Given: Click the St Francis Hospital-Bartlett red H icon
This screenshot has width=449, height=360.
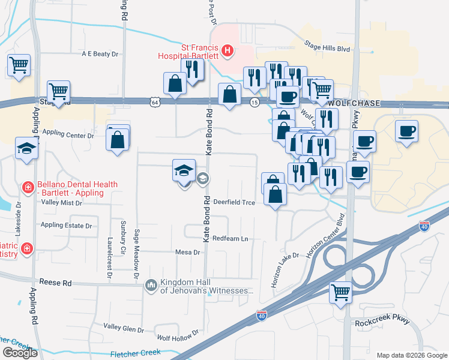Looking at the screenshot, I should (x=227, y=50).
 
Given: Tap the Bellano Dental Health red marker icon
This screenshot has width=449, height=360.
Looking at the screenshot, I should (x=27, y=188).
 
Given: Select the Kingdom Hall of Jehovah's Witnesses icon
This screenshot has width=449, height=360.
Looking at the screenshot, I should (x=150, y=284).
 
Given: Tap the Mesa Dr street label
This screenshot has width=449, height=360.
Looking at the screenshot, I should (x=187, y=253).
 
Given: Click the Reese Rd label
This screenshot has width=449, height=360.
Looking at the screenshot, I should (x=55, y=282).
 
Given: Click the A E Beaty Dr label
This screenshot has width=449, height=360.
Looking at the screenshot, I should (x=101, y=54).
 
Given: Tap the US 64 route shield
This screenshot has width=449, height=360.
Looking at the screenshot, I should (x=155, y=103).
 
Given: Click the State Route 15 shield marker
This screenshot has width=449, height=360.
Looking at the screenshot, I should (x=255, y=103).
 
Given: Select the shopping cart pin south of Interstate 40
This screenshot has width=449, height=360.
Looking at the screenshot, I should (x=341, y=293).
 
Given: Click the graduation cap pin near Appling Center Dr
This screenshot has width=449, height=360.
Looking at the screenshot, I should (x=26, y=148).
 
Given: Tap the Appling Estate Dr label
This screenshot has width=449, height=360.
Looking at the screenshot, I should (x=66, y=226).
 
